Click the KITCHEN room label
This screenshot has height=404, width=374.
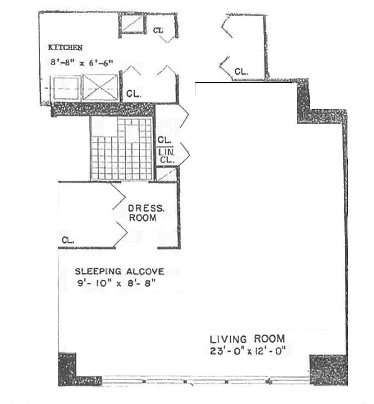click(x=65, y=48)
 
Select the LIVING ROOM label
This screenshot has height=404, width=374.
click(x=247, y=339)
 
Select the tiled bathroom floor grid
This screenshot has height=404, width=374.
click(x=121, y=148)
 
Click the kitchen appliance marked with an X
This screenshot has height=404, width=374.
click(x=100, y=88)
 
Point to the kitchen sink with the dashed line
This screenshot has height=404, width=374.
click(x=65, y=88)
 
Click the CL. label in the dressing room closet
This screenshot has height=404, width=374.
click(x=68, y=241)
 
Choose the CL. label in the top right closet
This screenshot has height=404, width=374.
click(x=241, y=72)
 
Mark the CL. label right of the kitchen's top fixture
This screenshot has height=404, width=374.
click(x=158, y=31)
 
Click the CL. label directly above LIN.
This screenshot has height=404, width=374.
click(x=163, y=140)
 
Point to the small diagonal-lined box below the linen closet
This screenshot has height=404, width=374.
click(x=166, y=174)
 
